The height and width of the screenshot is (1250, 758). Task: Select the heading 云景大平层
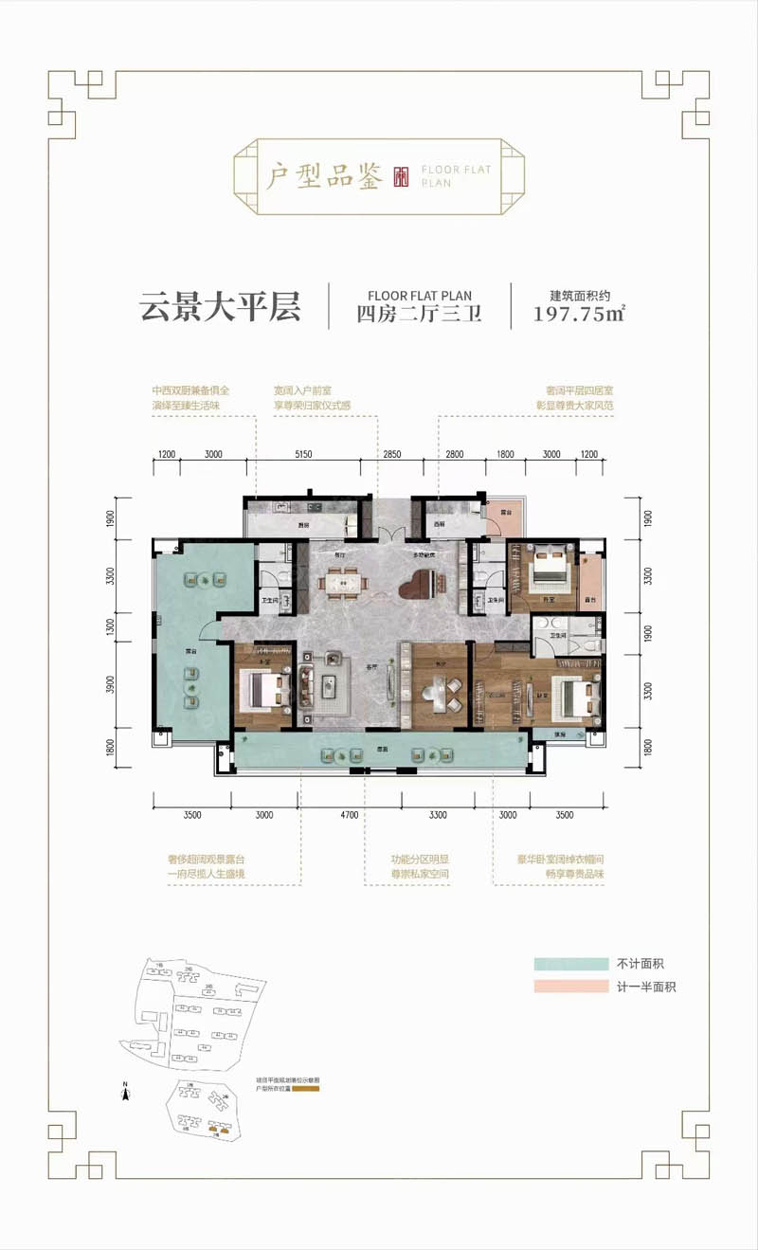220,306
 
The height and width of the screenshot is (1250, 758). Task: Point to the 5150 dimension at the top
302,454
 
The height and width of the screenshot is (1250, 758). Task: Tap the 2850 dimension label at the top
392,454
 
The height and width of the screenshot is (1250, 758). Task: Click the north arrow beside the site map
125,1091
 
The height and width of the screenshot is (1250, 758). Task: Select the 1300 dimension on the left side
111,628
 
